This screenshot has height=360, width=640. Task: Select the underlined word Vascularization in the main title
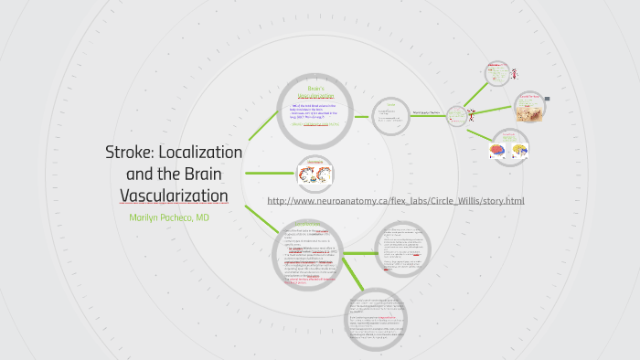pos(174,196)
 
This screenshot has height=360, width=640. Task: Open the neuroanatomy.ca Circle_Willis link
pos(395,201)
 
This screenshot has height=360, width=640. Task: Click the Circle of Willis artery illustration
pos(315,172)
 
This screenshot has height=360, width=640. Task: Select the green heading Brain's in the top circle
pos(315,88)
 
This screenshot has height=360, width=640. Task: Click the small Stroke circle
pos(390,115)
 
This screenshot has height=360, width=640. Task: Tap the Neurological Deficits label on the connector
pos(426,112)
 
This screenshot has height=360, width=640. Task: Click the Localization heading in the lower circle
pos(307,224)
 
